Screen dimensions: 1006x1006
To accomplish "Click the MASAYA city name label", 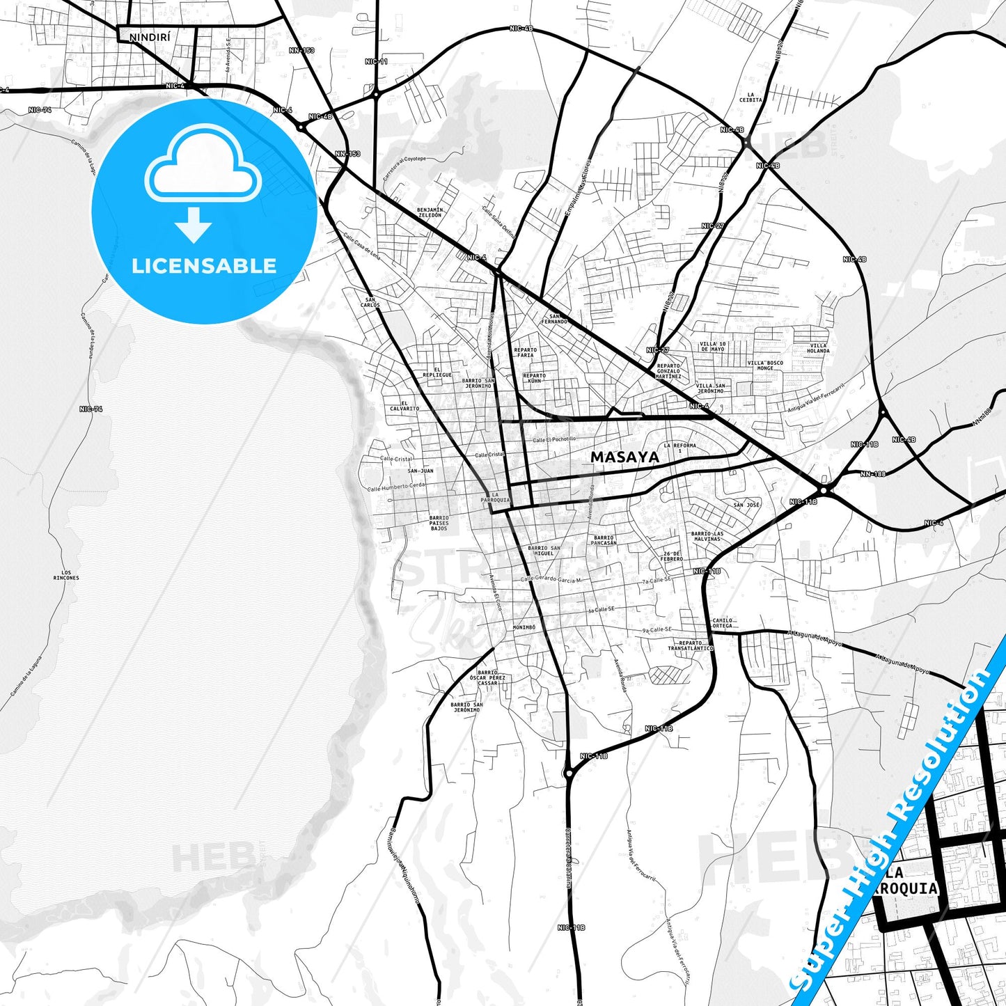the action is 624,457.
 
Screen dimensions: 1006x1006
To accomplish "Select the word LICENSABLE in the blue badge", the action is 204,265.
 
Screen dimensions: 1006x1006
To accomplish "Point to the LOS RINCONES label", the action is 66,575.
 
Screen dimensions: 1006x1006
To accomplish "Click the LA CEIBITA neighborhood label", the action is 750,97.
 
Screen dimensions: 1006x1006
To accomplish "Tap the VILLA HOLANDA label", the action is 818,348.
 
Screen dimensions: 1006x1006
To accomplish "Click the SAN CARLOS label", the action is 370,303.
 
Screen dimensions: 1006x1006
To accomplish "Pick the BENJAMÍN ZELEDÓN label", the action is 430,212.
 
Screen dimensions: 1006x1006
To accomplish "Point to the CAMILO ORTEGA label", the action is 722,622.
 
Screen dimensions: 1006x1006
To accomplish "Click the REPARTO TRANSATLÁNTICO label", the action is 691,645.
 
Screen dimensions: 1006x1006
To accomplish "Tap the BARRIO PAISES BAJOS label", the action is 439,523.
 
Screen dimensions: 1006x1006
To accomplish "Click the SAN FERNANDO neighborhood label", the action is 558,318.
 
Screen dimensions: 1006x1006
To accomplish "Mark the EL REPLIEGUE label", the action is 437,372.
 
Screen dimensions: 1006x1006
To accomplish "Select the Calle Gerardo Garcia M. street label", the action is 551,579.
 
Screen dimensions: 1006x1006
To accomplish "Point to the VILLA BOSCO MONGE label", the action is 765,365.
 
